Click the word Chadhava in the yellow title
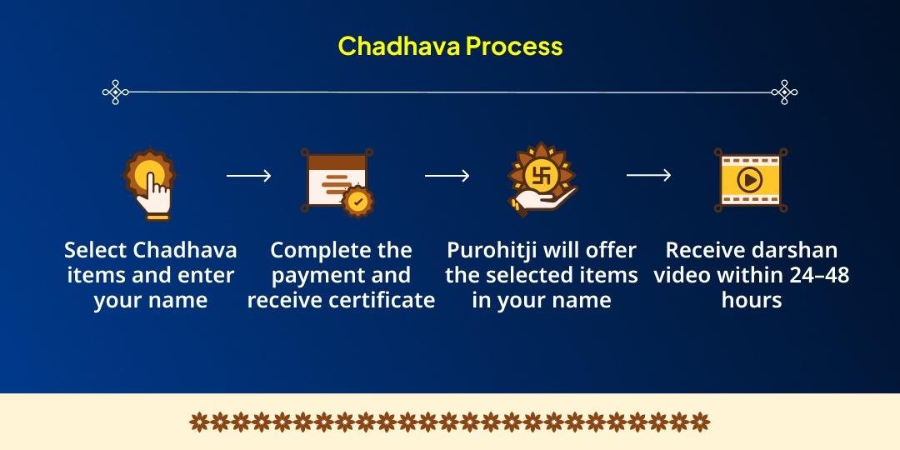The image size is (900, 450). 398,46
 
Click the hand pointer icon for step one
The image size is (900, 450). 149,183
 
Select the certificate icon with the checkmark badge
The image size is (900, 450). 337,182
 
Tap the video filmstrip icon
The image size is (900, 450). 750,180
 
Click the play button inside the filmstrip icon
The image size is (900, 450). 750,180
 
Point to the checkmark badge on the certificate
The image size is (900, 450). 358,201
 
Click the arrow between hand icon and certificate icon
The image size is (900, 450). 248,176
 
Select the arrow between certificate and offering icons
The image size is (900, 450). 447,176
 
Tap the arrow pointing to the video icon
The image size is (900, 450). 648,174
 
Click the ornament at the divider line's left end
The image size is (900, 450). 115,92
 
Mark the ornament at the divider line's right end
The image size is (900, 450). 784,92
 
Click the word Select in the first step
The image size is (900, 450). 95,250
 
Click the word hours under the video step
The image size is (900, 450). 752,300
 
